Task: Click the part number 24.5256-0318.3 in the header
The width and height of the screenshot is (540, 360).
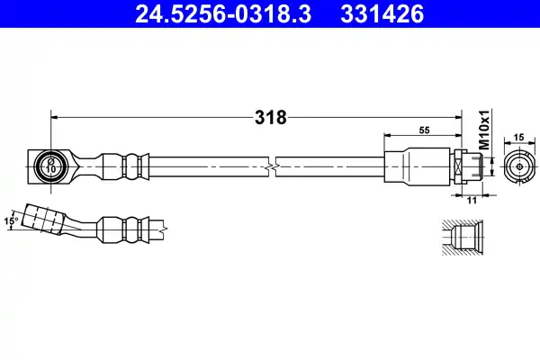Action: (x=223, y=13)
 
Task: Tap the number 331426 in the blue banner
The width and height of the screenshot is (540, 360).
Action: (x=382, y=13)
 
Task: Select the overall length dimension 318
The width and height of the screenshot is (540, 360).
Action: (x=270, y=118)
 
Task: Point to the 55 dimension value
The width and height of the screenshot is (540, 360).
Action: (x=424, y=130)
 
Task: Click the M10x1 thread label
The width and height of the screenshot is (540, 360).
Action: (x=484, y=130)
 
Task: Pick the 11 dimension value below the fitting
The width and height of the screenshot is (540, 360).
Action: (x=472, y=200)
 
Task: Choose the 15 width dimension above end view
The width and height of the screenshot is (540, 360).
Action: (x=518, y=137)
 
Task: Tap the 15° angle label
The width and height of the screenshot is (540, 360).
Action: (x=11, y=220)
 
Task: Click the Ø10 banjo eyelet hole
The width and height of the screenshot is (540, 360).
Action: (x=50, y=166)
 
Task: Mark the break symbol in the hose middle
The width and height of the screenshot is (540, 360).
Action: (x=272, y=167)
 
